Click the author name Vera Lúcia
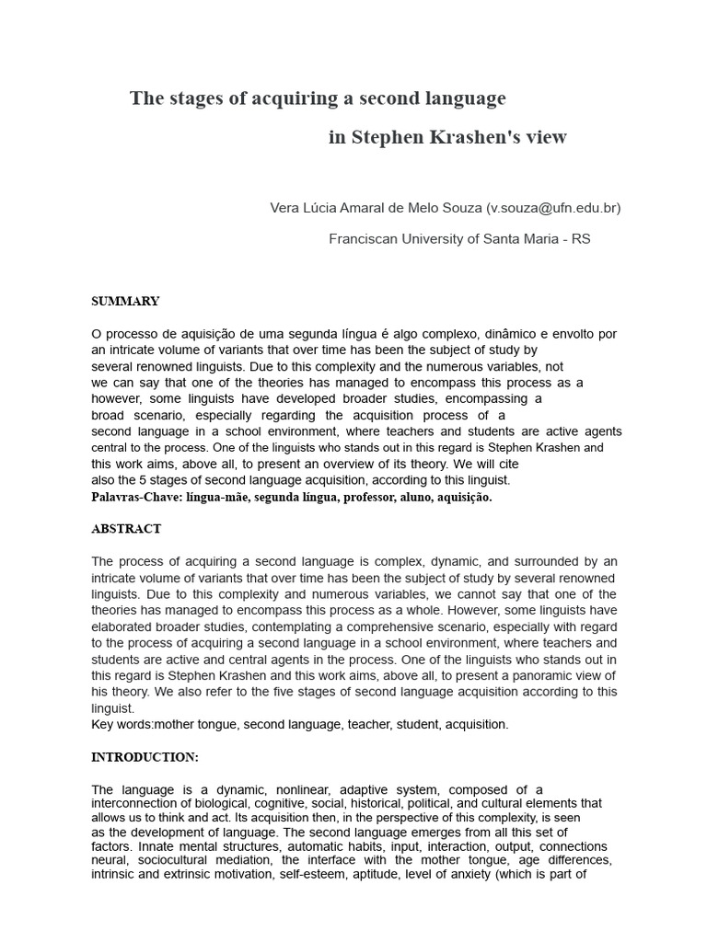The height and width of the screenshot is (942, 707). pyautogui.click(x=303, y=208)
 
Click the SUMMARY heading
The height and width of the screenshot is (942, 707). pyautogui.click(x=125, y=301)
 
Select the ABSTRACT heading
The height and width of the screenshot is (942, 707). pyautogui.click(x=126, y=529)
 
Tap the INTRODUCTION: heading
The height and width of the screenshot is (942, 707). pyautogui.click(x=145, y=757)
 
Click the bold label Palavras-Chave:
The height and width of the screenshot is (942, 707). pyautogui.click(x=136, y=497)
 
